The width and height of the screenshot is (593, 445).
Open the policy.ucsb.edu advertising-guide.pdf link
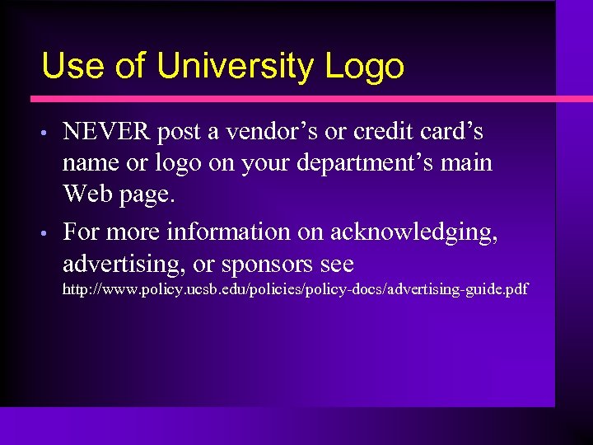tap(296, 290)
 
